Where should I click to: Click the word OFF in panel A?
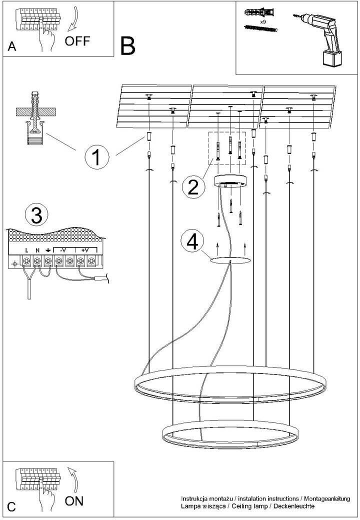77,41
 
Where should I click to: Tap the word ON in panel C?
74,501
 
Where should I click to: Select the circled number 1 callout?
97,157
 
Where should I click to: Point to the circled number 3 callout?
36,215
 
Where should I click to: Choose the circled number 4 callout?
192,241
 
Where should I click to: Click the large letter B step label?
127,46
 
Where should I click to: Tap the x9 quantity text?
262,21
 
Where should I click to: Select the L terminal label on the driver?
26,250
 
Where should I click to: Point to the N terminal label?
37,250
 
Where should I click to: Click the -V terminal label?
61,250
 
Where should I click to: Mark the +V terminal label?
85,250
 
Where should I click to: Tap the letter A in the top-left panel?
12,46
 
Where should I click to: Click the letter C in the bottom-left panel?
11,506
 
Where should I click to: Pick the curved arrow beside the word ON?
73,479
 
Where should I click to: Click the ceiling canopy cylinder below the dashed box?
230,181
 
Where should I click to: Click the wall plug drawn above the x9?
259,12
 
